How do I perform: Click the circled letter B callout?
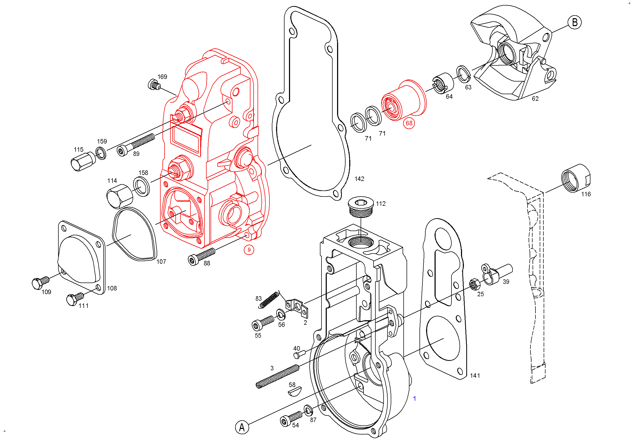(574, 22)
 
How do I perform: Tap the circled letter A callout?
(242, 427)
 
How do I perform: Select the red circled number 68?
(409, 123)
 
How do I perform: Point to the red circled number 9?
(249, 250)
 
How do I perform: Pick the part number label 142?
(359, 179)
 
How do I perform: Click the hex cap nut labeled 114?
(119, 196)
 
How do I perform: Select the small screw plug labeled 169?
(154, 84)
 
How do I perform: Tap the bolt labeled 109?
(40, 283)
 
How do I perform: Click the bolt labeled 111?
(74, 299)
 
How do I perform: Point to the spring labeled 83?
(269, 299)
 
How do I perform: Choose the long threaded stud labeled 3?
(277, 376)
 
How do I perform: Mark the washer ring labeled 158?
(141, 187)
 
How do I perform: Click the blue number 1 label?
(414, 399)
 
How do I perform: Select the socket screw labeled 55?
(263, 323)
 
